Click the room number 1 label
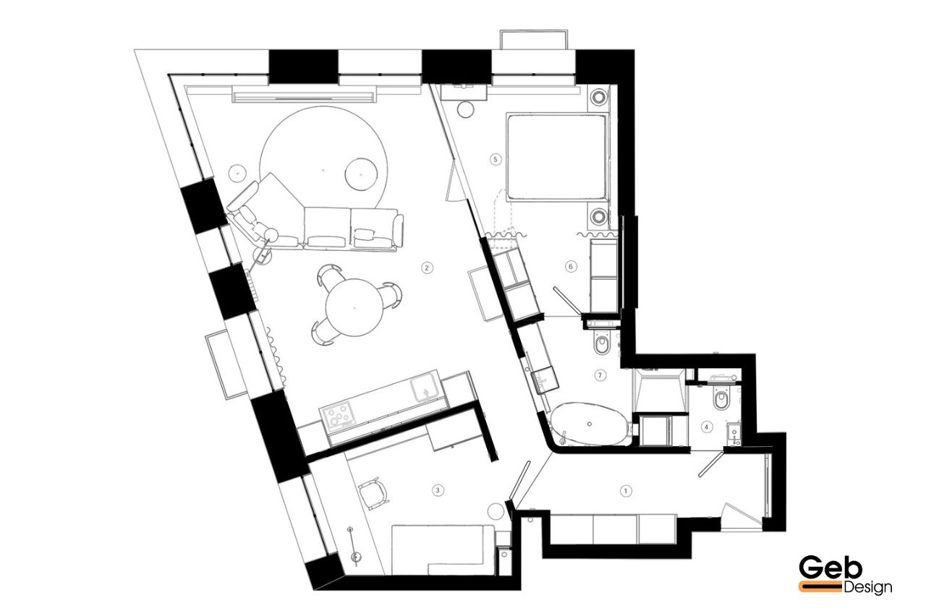[x=626, y=491]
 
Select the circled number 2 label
[x=427, y=268]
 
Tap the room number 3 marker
[x=438, y=490]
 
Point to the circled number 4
[x=707, y=427]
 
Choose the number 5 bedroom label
[x=496, y=160]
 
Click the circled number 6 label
[x=571, y=267]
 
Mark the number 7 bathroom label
[x=600, y=375]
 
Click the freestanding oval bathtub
[x=589, y=424]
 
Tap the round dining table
[x=354, y=307]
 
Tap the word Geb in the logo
[x=830, y=568]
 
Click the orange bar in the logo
[x=820, y=586]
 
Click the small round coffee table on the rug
[x=361, y=174]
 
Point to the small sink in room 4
[x=734, y=434]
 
